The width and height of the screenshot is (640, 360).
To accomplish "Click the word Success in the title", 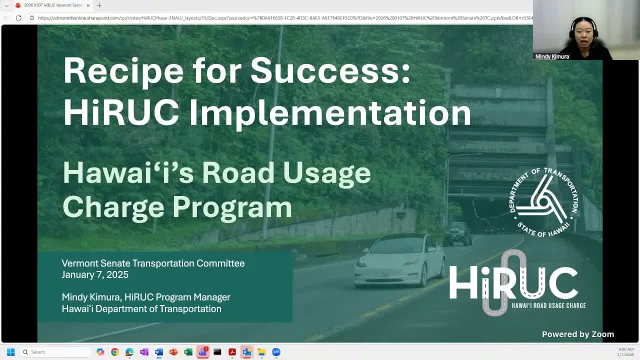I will (330, 70).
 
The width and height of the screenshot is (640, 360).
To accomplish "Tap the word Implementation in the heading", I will (330, 112).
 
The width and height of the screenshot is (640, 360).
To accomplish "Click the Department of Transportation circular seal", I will (543, 201).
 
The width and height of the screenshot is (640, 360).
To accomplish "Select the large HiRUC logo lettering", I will (513, 282).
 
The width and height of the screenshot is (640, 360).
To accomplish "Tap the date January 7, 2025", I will (95, 274).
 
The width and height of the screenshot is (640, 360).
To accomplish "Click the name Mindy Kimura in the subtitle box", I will (90, 297).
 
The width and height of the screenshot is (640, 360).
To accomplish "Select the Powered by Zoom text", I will (577, 334).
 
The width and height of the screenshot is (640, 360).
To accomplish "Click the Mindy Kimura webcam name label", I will (552, 56).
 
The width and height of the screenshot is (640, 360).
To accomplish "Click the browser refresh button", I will (18, 18).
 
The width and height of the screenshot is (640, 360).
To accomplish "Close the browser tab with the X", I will (88, 5).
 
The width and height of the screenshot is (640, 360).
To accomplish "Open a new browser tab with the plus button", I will (99, 5).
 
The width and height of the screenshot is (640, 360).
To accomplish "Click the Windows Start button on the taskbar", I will (10, 352).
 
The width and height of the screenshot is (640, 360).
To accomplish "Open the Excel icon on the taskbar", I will (188, 352).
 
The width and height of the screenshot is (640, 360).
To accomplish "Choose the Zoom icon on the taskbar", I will (276, 352).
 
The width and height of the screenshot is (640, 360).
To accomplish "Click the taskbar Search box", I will (55, 352).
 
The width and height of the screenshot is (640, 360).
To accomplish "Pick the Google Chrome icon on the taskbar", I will (115, 352).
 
